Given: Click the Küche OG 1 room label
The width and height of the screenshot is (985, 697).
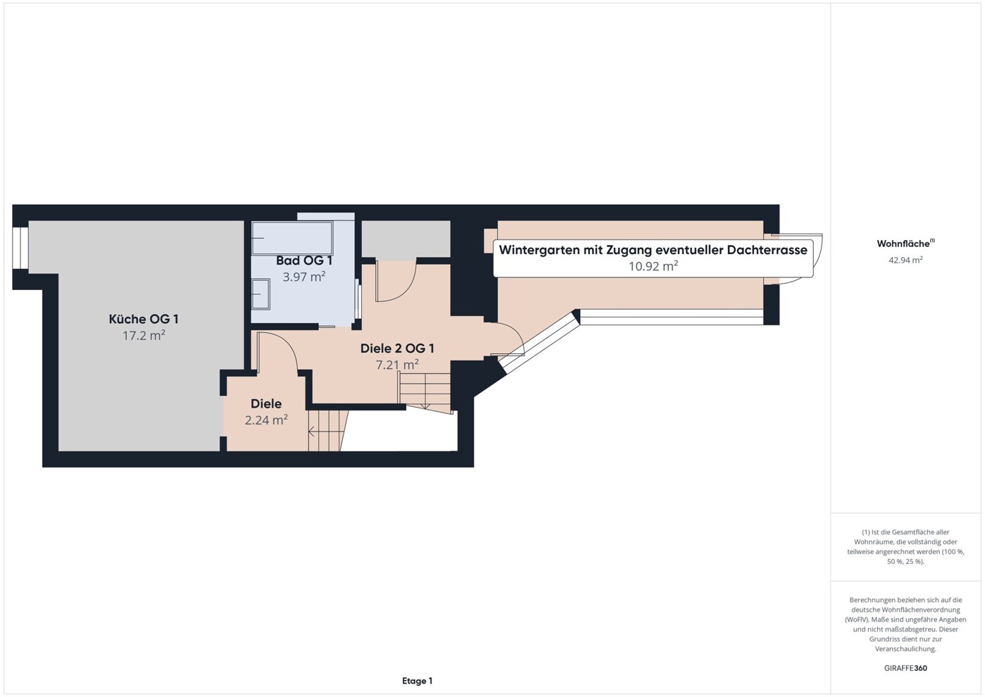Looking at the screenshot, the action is click(144, 319).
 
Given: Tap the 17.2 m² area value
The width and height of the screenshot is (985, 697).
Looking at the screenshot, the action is click(144, 336).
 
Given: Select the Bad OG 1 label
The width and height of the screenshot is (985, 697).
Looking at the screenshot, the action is click(304, 260).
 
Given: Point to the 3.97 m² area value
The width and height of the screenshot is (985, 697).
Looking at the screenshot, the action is click(304, 277).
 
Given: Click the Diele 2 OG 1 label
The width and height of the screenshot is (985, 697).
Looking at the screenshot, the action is click(397, 348).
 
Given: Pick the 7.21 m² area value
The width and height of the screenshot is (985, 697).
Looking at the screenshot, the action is click(397, 365).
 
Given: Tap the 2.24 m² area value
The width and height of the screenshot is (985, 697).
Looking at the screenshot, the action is click(266, 420).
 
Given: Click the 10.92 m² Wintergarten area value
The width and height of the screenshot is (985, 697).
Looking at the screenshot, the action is click(653, 266).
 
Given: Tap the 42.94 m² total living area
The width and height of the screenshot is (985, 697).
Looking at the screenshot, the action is click(905, 260).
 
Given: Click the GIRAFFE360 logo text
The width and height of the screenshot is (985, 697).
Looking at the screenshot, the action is click(905, 668).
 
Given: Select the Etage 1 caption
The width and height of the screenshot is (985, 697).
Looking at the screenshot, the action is click(418, 681).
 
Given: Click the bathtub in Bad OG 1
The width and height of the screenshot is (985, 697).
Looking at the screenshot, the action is click(292, 238).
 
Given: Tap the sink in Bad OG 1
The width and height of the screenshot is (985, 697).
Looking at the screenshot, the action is click(261, 294).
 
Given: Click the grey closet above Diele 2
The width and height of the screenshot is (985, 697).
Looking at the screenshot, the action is click(406, 239).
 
